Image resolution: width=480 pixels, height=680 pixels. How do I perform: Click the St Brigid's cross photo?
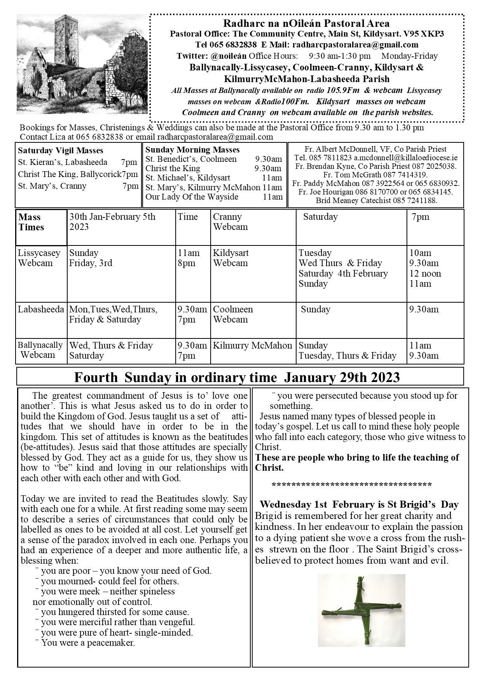(x=361, y=610)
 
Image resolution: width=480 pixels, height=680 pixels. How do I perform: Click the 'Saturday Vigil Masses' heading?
(x=61, y=151)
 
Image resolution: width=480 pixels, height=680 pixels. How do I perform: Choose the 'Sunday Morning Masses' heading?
(x=192, y=150)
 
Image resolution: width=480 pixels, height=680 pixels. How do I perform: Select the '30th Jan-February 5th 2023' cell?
(x=112, y=222)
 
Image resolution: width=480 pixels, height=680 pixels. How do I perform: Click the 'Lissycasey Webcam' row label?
(x=39, y=258)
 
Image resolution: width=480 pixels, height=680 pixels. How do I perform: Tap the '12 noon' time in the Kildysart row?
(x=425, y=273)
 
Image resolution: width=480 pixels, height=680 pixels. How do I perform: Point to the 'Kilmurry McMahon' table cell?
(x=252, y=345)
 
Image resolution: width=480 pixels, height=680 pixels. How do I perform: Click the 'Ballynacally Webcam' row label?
(x=40, y=350)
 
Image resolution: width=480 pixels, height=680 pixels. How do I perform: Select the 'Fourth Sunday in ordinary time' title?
(x=237, y=377)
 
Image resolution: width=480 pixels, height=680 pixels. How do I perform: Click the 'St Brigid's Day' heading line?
(x=359, y=505)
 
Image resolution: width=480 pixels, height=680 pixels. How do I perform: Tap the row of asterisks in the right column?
(x=352, y=485)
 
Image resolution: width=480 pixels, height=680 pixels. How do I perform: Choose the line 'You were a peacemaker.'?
(x=88, y=643)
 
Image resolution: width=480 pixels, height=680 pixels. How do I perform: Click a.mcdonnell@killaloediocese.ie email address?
(x=405, y=158)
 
